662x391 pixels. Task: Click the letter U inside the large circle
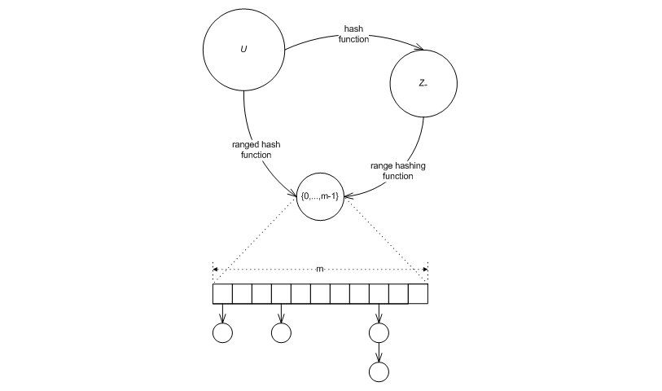pyautogui.click(x=243, y=50)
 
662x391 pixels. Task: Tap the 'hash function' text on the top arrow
pyautogui.click(x=353, y=34)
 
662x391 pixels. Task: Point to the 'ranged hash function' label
pyautogui.click(x=256, y=149)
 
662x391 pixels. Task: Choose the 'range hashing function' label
pyautogui.click(x=398, y=170)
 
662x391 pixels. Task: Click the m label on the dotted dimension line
pyautogui.click(x=320, y=268)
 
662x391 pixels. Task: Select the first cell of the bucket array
pyautogui.click(x=222, y=293)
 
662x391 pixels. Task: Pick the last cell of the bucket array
pyautogui.click(x=418, y=293)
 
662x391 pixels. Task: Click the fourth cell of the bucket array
pyautogui.click(x=281, y=293)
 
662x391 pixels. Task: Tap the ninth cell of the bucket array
pyautogui.click(x=379, y=293)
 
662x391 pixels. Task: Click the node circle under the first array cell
pyautogui.click(x=222, y=332)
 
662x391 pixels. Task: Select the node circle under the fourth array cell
pyautogui.click(x=281, y=332)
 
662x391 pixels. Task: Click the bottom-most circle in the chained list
pyautogui.click(x=379, y=371)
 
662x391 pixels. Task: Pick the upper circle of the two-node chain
pyautogui.click(x=379, y=332)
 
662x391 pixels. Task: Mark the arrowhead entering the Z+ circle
pyautogui.click(x=419, y=50)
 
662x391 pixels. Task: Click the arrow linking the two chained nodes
pyautogui.click(x=379, y=352)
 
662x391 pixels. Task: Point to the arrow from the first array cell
pyautogui.click(x=222, y=313)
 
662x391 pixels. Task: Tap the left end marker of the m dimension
pyautogui.click(x=214, y=268)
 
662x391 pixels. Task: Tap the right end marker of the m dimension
pyautogui.click(x=427, y=268)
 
